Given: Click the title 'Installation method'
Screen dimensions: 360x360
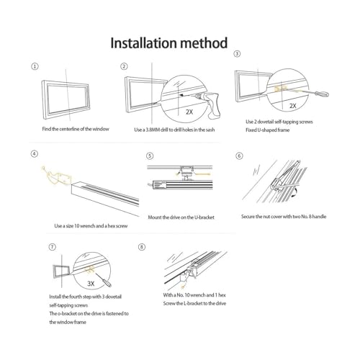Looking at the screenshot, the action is click(168, 43).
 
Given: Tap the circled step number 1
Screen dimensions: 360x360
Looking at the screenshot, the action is click(35, 66).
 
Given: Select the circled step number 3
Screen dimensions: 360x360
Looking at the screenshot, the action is click(237, 53).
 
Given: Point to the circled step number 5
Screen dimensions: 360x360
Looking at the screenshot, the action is click(150, 156).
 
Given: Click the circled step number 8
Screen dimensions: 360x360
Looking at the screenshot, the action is click(142, 247).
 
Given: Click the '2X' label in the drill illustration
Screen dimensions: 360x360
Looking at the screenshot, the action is click(189, 112).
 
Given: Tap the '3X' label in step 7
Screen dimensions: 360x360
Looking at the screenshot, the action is click(91, 284).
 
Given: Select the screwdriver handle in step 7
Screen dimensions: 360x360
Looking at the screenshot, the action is click(107, 283).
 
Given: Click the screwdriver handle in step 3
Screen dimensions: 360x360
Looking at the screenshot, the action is click(322, 94).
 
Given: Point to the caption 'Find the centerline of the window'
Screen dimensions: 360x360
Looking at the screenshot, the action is click(76, 129).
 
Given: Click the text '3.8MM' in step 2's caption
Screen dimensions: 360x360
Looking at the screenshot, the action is click(153, 130).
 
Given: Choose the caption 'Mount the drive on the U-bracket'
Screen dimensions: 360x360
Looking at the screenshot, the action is click(181, 217).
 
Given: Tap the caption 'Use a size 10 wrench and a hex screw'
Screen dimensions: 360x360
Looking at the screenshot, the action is click(91, 226).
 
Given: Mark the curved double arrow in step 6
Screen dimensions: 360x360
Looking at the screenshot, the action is click(295, 193).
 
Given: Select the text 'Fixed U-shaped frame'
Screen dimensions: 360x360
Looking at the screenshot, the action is click(268, 130).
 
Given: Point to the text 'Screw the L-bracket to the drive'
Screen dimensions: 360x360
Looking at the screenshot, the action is click(194, 303).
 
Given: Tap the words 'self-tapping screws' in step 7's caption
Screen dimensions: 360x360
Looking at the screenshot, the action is click(68, 305).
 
